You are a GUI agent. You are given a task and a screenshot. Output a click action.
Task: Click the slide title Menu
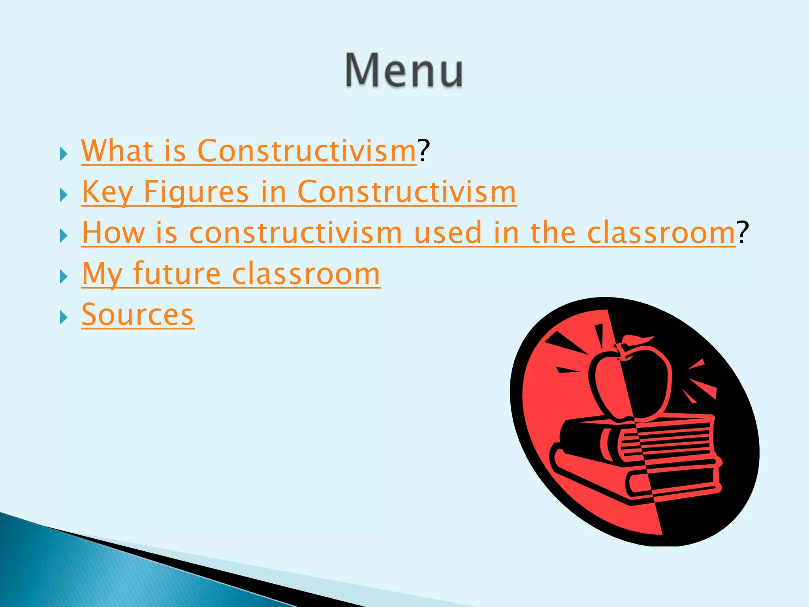(x=404, y=71)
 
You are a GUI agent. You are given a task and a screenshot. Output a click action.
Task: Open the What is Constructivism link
(x=249, y=151)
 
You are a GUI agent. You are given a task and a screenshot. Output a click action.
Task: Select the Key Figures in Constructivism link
(x=299, y=192)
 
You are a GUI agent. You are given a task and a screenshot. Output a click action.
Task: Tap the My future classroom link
(x=231, y=274)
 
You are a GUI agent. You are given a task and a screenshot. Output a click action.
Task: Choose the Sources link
(x=137, y=315)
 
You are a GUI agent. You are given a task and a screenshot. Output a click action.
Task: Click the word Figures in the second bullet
(x=196, y=192)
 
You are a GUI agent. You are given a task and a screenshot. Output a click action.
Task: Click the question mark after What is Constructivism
(x=424, y=151)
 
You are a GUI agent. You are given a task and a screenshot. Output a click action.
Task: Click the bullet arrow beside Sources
(x=63, y=317)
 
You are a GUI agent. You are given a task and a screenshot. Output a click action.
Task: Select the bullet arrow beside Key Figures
(x=63, y=195)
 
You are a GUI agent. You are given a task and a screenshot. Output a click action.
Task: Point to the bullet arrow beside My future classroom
(x=63, y=277)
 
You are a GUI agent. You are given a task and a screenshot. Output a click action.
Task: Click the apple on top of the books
(x=630, y=383)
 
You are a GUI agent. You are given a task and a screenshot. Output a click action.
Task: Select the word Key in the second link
(x=107, y=192)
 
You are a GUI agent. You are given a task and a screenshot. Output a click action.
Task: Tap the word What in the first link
(x=117, y=151)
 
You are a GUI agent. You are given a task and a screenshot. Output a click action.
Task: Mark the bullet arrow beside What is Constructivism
(x=63, y=154)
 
